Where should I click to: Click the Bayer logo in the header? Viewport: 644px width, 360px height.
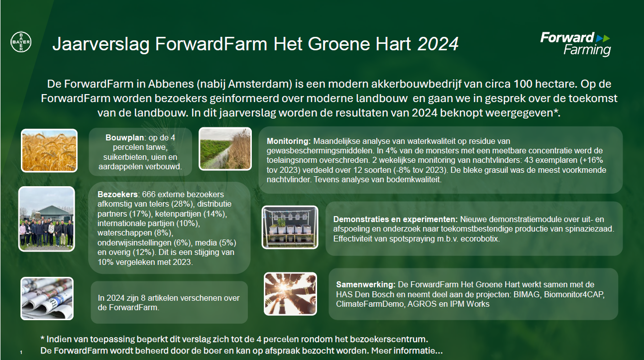click(x=21, y=42)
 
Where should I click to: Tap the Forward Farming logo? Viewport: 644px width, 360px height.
click(x=575, y=44)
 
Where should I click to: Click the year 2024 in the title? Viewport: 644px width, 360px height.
click(x=437, y=44)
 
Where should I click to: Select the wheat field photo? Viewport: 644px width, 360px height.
click(x=49, y=150)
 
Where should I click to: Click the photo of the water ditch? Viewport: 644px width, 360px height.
click(x=224, y=148)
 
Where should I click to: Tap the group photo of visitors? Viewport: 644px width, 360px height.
click(x=46, y=219)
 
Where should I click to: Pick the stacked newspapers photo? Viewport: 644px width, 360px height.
click(x=47, y=298)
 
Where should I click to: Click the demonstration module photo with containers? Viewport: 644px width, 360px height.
click(x=290, y=227)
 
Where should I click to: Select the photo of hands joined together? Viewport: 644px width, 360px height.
click(x=290, y=294)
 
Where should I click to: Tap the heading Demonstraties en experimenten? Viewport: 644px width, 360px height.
click(x=395, y=220)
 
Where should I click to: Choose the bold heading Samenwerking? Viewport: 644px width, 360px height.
click(x=366, y=285)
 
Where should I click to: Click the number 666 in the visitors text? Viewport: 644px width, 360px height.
click(x=150, y=194)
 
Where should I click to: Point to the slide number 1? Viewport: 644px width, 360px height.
click(x=21, y=353)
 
